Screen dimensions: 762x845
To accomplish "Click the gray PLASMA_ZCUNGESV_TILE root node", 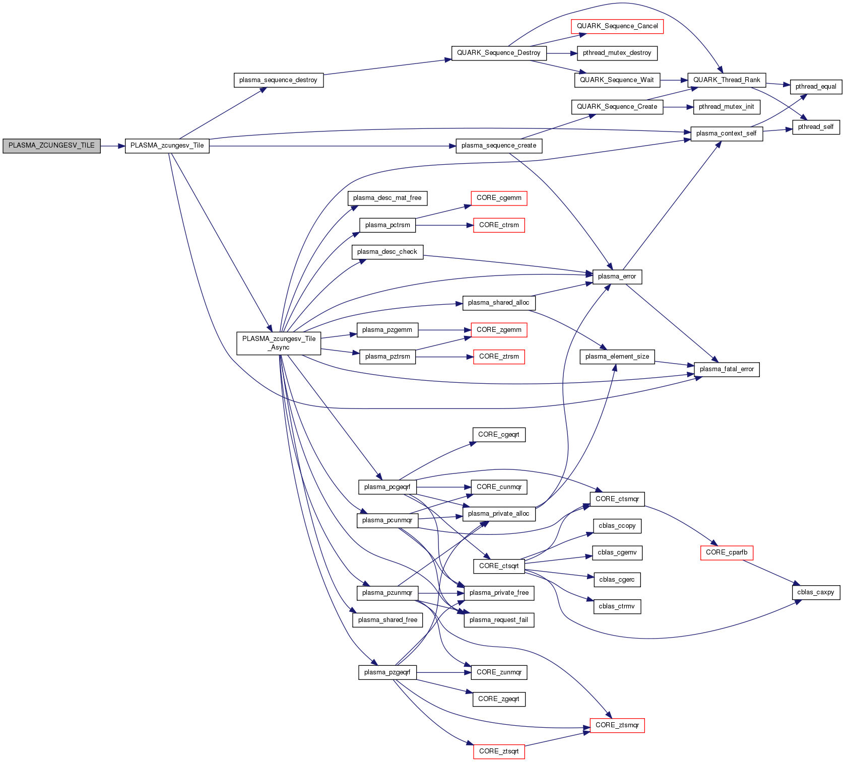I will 51,146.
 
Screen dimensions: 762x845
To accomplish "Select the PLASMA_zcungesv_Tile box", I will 167,146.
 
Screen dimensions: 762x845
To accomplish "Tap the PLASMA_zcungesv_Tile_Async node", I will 279,343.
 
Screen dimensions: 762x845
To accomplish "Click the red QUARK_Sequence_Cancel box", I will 617,26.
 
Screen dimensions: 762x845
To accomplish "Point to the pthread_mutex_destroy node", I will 617,53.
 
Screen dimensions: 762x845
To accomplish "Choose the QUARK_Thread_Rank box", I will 727,80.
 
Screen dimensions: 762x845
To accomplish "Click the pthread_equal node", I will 816,87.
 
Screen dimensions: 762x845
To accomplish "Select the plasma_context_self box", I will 726,133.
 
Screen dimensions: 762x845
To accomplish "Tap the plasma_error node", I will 617,276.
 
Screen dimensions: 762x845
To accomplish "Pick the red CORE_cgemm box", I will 499,198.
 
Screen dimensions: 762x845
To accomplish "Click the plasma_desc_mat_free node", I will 387,198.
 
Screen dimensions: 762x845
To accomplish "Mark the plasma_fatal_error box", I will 727,369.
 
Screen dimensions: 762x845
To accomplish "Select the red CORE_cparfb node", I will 727,552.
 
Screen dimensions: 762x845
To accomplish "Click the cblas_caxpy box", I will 816,592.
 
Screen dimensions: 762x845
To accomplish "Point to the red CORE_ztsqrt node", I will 499,751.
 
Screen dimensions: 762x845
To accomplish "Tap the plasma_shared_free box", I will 387,620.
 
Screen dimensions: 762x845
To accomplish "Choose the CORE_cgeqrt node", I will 499,435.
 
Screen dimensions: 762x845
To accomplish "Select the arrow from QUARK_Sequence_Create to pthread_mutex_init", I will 678,107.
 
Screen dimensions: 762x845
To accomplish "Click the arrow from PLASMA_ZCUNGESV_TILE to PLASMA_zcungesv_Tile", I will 112,146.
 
